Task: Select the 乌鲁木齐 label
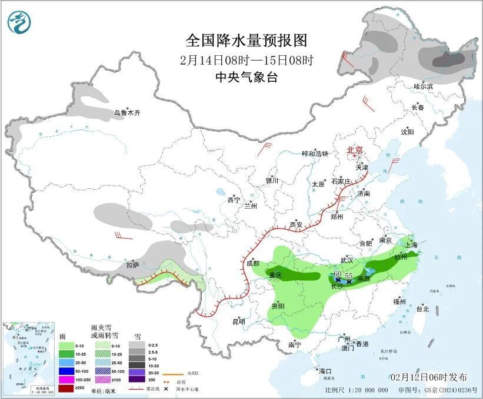pos(127,113)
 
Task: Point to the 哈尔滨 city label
pos(422,86)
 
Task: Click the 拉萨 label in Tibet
pos(132,265)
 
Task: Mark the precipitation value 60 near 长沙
pos(337,274)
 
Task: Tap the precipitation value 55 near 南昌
pos(348,276)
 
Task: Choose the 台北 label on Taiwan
pos(422,309)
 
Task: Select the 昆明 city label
pos(238,321)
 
